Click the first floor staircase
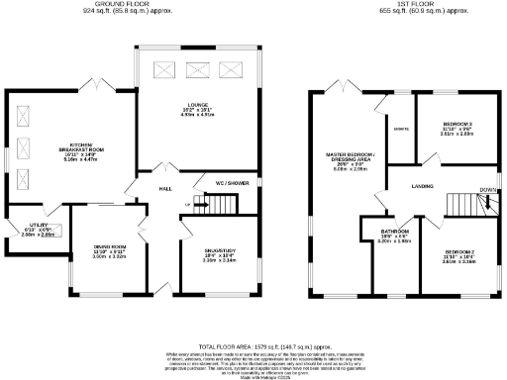click(464, 205)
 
